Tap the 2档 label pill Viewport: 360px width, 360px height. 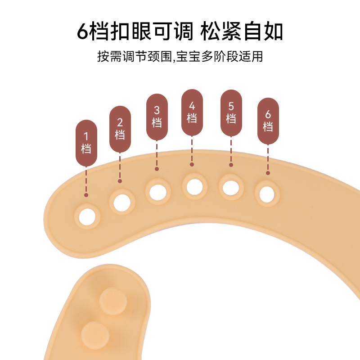pyautogui.click(x=120, y=129)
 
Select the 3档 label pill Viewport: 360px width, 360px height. pyautogui.click(x=157, y=117)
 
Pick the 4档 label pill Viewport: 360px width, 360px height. pyautogui.click(x=192, y=112)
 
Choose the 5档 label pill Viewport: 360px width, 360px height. pyautogui.click(x=231, y=113)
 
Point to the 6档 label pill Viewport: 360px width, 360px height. pyautogui.click(x=268, y=121)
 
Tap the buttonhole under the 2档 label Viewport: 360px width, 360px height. pyautogui.click(x=122, y=201)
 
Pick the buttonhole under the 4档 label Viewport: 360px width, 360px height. pyautogui.click(x=194, y=186)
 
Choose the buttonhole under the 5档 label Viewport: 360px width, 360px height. pyautogui.click(x=231, y=186)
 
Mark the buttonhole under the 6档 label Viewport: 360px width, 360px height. pyautogui.click(x=267, y=193)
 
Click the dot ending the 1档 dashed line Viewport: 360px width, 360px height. pyautogui.click(x=86, y=195)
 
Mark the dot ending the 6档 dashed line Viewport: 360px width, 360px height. pyautogui.click(x=268, y=173)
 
